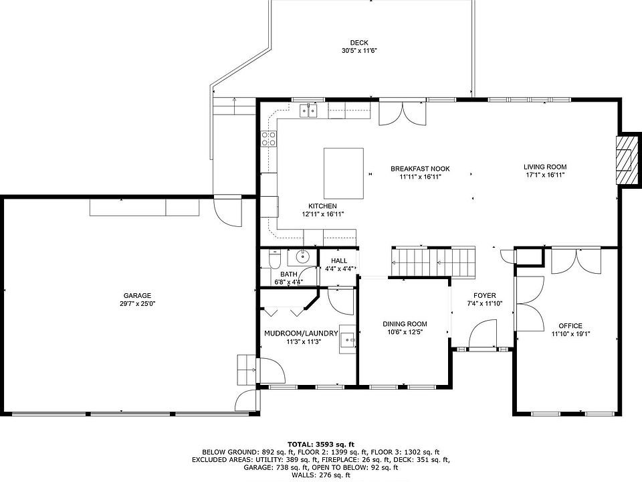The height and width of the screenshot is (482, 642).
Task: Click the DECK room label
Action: click(359, 43)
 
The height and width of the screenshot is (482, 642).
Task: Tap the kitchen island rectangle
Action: click(344, 173)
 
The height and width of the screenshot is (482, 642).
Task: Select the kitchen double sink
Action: click(308, 110)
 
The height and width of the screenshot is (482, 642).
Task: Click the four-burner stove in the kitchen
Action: click(269, 139)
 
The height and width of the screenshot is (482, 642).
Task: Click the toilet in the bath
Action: click(274, 259)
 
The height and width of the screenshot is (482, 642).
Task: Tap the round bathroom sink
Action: click(302, 257)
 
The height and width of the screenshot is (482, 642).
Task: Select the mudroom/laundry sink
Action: click(348, 339)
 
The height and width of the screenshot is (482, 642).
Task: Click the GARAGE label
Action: click(137, 295)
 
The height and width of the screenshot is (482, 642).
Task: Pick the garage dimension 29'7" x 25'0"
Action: click(137, 304)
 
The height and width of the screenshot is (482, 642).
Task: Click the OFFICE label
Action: click(570, 326)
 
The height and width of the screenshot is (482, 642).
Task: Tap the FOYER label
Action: click(485, 295)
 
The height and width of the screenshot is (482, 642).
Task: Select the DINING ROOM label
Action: click(405, 324)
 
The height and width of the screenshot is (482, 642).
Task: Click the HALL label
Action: click(339, 260)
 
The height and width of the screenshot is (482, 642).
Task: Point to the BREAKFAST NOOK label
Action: click(420, 169)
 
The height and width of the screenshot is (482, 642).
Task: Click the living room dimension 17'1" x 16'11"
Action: click(546, 175)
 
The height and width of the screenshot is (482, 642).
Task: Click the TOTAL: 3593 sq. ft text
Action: click(320, 445)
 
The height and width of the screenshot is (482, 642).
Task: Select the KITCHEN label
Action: click(322, 206)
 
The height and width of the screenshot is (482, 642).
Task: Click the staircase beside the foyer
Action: click(433, 262)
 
